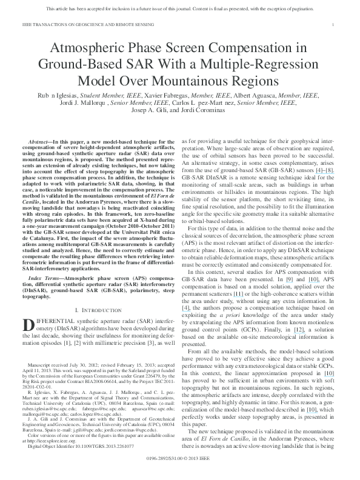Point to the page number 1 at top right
click(x=335, y=24)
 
